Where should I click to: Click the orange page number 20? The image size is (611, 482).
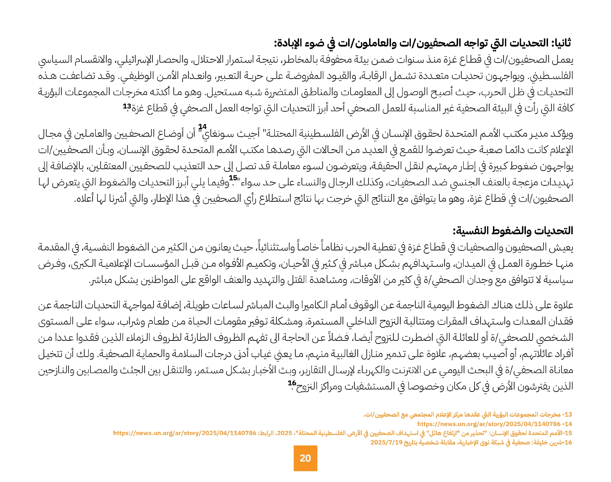click(305, 458)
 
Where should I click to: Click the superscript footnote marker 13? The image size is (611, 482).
click(127, 106)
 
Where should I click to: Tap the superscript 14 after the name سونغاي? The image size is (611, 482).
click(202, 127)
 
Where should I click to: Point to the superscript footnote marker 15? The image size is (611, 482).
click(233, 178)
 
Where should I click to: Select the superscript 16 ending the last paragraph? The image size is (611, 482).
click(292, 383)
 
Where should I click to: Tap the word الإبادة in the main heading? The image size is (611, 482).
click(290, 43)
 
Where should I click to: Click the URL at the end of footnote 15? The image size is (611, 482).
click(185, 433)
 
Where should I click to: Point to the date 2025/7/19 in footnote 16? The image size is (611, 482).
click(386, 442)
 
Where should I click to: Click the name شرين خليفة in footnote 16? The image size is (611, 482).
click(547, 442)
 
